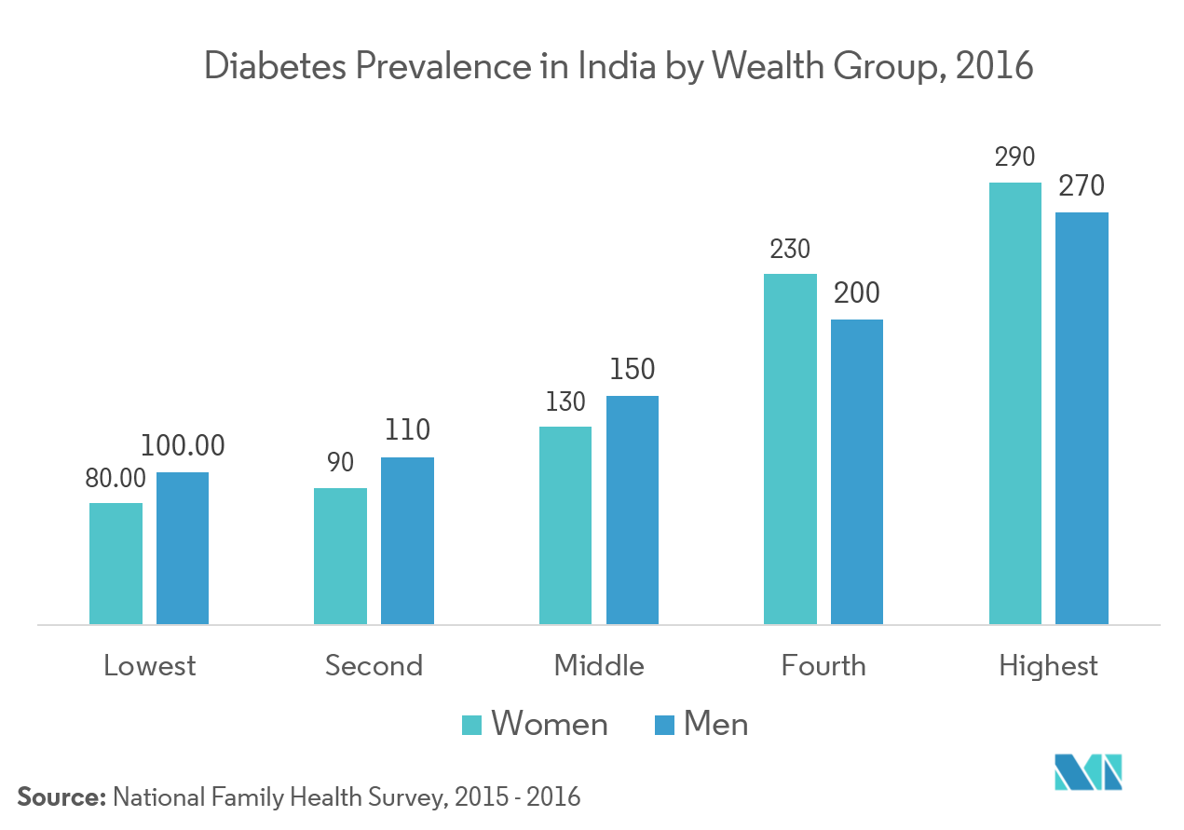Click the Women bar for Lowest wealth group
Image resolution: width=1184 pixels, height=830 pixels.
pyautogui.click(x=116, y=563)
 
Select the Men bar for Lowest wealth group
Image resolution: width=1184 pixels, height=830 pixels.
pyautogui.click(x=183, y=548)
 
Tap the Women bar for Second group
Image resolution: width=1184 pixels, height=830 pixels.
pyautogui.click(x=340, y=555)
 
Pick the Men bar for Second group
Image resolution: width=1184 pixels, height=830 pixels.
pyautogui.click(x=407, y=540)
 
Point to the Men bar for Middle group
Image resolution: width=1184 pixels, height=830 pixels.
pyautogui.click(x=633, y=510)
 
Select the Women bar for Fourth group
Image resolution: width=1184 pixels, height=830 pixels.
pyautogui.click(x=790, y=448)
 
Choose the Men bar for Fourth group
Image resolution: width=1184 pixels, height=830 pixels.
pyautogui.click(x=857, y=471)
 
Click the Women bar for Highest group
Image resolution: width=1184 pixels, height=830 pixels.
pyautogui.click(x=1015, y=402)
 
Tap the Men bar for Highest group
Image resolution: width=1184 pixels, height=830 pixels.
pyautogui.click(x=1082, y=417)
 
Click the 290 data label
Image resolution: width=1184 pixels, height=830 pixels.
pyautogui.click(x=1014, y=158)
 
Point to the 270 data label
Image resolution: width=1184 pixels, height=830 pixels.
pyautogui.click(x=1082, y=187)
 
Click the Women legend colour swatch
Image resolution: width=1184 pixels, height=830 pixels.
pyautogui.click(x=472, y=725)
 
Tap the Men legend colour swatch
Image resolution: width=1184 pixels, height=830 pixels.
pyautogui.click(x=664, y=725)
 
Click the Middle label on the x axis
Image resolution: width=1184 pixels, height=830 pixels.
pyautogui.click(x=599, y=666)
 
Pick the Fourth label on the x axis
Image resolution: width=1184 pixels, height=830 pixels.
pyautogui.click(x=823, y=666)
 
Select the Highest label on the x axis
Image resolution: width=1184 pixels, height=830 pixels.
pyautogui.click(x=1048, y=667)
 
